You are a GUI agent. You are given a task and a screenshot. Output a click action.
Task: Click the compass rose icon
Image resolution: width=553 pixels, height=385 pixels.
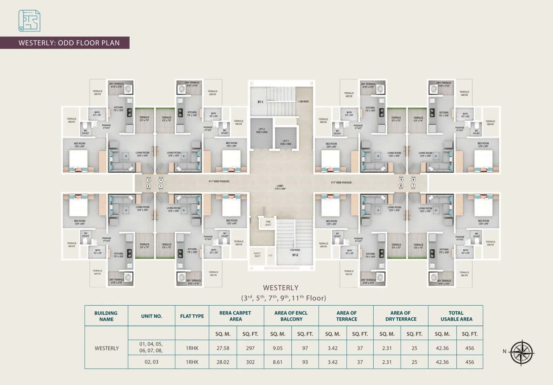click(522, 353)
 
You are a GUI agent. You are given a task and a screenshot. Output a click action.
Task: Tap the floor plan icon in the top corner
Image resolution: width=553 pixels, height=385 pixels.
click(29, 21)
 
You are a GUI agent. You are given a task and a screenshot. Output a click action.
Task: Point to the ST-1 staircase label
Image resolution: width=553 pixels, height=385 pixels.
click(260, 102)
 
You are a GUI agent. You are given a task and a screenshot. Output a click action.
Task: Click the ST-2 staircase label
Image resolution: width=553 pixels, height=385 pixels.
click(295, 255)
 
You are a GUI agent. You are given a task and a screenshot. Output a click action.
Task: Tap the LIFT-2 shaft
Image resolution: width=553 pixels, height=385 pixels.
click(261, 132)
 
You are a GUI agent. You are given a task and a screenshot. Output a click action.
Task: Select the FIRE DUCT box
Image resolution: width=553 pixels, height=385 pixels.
click(268, 223)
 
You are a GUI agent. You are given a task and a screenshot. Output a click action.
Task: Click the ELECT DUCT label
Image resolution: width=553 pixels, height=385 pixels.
click(257, 254)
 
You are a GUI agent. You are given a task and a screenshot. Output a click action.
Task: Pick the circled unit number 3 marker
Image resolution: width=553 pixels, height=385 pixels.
click(148, 180)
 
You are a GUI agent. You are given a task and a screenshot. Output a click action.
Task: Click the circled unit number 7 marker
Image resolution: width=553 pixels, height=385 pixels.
click(413, 186)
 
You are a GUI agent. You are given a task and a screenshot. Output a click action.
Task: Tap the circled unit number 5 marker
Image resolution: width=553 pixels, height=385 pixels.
click(401, 180)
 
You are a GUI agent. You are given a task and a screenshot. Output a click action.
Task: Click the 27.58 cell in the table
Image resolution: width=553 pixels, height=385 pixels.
click(223, 348)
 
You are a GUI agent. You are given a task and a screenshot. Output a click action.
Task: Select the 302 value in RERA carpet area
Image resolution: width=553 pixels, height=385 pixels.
click(250, 362)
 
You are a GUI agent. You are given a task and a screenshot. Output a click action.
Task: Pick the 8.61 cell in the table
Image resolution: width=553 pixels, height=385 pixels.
click(277, 362)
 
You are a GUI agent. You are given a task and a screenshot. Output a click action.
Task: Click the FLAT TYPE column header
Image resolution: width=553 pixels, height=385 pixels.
click(192, 316)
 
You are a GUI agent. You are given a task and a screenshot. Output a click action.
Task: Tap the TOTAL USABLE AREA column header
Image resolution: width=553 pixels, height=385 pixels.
click(456, 316)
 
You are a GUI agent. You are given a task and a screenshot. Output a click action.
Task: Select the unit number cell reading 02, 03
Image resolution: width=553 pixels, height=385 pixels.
click(151, 362)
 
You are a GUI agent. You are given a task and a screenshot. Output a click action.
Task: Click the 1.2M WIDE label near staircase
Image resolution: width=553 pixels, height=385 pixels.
click(303, 102)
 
